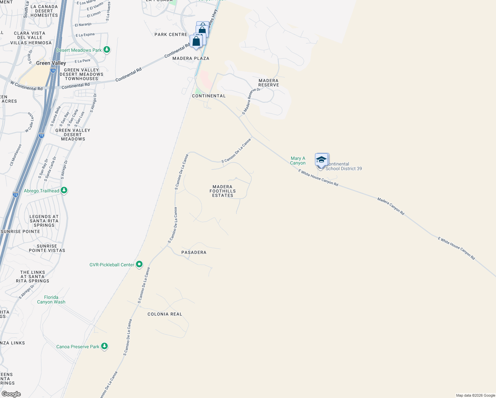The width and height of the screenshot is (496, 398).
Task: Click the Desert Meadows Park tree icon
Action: pyautogui.click(x=106, y=50)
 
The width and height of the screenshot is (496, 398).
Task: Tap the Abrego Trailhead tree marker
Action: pyautogui.click(x=64, y=190)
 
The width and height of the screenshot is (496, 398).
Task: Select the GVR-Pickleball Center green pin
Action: pyautogui.click(x=139, y=264)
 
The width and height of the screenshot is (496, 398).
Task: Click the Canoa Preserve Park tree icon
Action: pyautogui.click(x=104, y=346)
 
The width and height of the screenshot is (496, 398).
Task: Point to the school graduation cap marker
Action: pyautogui.click(x=321, y=160)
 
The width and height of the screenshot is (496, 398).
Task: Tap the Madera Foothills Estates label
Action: pyautogui.click(x=222, y=191)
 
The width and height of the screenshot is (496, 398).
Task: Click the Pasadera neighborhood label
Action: pyautogui.click(x=194, y=252)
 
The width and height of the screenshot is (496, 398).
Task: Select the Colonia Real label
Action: pyautogui.click(x=165, y=314)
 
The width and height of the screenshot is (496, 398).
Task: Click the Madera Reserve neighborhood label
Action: pyautogui.click(x=269, y=83)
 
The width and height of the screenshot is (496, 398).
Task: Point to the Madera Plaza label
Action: pyautogui.click(x=191, y=58)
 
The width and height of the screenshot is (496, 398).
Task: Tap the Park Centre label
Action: pyautogui.click(x=171, y=34)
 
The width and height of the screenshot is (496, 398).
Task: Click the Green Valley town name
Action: pyautogui.click(x=51, y=63)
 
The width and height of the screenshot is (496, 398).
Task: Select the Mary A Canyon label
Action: pyautogui.click(x=298, y=161)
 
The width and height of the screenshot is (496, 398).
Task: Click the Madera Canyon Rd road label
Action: pyautogui.click(x=391, y=206)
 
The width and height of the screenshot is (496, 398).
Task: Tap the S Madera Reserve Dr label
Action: pyautogui.click(x=251, y=101)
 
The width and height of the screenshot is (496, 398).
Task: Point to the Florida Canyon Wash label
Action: pyautogui.click(x=51, y=299)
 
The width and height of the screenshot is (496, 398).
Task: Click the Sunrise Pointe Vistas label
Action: pyautogui.click(x=47, y=248)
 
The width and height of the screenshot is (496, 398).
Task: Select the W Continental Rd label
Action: pyautogui.click(x=27, y=86)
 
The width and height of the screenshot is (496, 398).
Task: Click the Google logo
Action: pyautogui.click(x=11, y=394)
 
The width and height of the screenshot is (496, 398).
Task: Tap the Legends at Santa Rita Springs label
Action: pyautogui.click(x=44, y=221)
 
